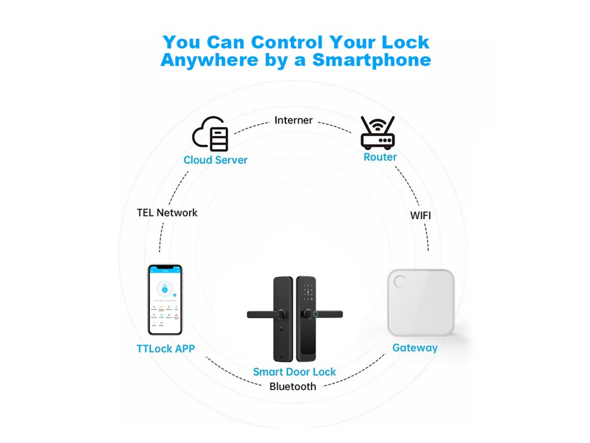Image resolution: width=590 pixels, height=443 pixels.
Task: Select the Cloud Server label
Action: [x=215, y=160]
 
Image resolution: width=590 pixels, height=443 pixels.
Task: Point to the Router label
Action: [x=380, y=157]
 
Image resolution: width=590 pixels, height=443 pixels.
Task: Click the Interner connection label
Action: [x=293, y=120]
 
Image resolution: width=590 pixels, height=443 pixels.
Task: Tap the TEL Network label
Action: [x=167, y=212]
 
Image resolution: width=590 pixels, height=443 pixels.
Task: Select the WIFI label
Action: [x=421, y=215]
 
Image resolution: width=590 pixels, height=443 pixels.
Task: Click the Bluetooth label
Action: [x=293, y=386]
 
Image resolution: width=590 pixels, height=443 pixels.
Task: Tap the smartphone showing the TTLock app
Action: [x=165, y=299]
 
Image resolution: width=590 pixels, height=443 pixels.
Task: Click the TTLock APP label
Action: [x=165, y=348]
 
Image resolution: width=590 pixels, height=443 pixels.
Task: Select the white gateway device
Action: [x=421, y=302]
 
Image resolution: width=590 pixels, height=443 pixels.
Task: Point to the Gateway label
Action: [x=415, y=348]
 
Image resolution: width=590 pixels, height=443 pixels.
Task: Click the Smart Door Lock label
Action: [x=294, y=372]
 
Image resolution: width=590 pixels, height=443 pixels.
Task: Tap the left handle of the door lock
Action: [x=265, y=314]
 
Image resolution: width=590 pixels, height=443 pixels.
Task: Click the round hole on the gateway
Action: [x=398, y=281]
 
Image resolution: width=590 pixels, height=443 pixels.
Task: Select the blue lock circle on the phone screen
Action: [x=165, y=288]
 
